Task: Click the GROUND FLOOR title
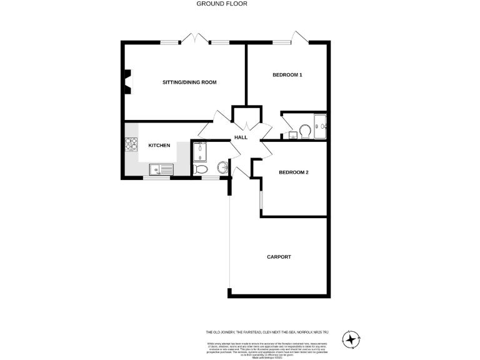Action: point(222,4)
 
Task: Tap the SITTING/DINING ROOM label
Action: point(189,82)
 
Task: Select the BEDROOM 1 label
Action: point(287,75)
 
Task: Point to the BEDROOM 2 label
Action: point(294,172)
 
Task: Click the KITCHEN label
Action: point(159,146)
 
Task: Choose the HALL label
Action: point(241,137)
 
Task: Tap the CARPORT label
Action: point(279,257)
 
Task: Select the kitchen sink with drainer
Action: point(161,169)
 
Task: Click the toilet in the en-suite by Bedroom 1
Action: point(306,130)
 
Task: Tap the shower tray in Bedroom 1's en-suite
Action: point(321,125)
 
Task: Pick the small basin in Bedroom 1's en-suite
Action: point(292,134)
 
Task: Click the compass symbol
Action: point(352,339)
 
